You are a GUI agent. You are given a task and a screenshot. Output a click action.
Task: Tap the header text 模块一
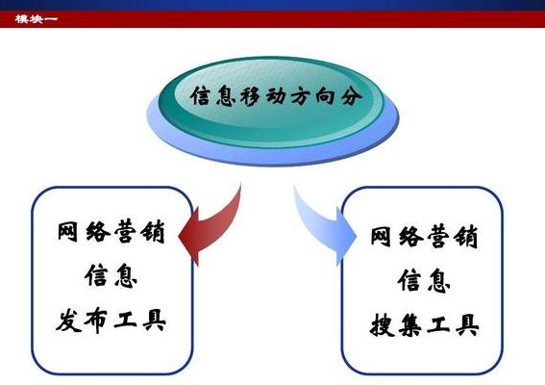pyautogui.click(x=37, y=19)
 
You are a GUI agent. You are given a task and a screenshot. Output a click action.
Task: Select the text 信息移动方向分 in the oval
pyautogui.click(x=276, y=96)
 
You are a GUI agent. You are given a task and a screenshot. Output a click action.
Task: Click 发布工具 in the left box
pyautogui.click(x=111, y=320)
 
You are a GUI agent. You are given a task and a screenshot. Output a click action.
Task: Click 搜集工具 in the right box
pyautogui.click(x=425, y=324)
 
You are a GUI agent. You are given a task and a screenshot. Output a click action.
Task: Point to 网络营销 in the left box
pyautogui.click(x=111, y=232)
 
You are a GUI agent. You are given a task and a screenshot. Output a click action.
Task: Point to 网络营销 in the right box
pyautogui.click(x=425, y=237)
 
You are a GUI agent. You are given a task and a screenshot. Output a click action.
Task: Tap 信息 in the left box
pyautogui.click(x=111, y=275)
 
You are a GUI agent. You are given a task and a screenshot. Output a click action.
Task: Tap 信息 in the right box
pyautogui.click(x=425, y=281)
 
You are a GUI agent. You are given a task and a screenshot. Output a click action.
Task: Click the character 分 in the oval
pyautogui.click(x=352, y=96)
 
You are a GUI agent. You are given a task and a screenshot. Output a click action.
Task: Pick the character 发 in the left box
pyautogui.click(x=68, y=320)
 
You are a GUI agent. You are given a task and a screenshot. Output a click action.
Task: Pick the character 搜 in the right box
pyautogui.click(x=382, y=324)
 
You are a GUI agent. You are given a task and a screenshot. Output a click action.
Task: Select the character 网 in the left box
pyautogui.click(x=67, y=232)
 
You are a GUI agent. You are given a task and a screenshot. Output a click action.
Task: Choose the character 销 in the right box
pyautogui.click(x=466, y=237)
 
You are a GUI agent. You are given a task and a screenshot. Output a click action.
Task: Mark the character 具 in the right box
pyautogui.click(x=467, y=324)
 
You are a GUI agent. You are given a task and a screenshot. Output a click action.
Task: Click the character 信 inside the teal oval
pyautogui.click(x=201, y=96)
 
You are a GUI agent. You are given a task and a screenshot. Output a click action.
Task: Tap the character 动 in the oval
pyautogui.click(x=277, y=96)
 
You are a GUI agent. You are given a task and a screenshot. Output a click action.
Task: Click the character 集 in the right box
pyautogui.click(x=410, y=324)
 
